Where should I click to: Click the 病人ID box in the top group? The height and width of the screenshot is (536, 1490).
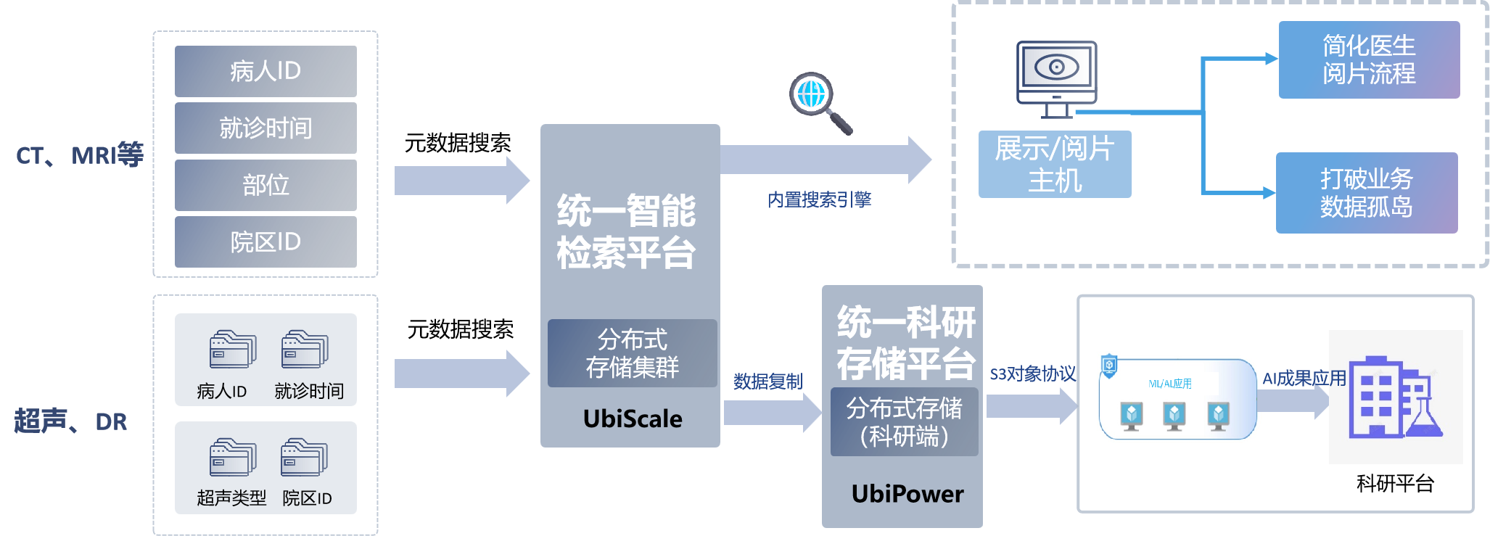[x=266, y=71]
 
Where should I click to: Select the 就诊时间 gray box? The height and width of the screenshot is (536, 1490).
[x=266, y=128]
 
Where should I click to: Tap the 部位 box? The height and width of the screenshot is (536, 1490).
[x=266, y=185]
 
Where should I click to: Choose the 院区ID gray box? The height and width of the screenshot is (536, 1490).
[x=266, y=242]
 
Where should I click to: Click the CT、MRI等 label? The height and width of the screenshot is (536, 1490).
[x=80, y=155]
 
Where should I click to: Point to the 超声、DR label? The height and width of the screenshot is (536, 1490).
[x=71, y=421]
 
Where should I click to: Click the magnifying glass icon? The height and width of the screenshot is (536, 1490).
[x=820, y=102]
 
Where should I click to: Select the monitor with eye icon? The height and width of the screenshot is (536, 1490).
[x=1056, y=78]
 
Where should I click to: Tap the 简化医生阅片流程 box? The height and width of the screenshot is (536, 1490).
[x=1369, y=59]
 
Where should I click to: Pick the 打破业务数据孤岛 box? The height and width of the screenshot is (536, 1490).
[x=1367, y=193]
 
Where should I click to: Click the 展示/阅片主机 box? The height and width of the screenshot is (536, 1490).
[x=1055, y=165]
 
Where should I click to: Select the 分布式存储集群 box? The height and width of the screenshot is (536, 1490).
[x=632, y=353]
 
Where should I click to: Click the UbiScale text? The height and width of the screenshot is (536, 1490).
[x=633, y=419]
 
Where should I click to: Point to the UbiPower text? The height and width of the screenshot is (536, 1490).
[x=907, y=494]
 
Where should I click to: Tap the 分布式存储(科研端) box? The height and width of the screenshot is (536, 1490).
[x=904, y=422]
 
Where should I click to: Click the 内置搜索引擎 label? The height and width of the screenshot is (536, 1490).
[x=819, y=199]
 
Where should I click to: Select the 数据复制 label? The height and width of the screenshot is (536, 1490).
[x=767, y=382]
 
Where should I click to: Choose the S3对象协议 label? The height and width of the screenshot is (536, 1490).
[x=1033, y=374]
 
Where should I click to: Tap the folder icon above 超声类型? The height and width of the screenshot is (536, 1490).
[x=232, y=457]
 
